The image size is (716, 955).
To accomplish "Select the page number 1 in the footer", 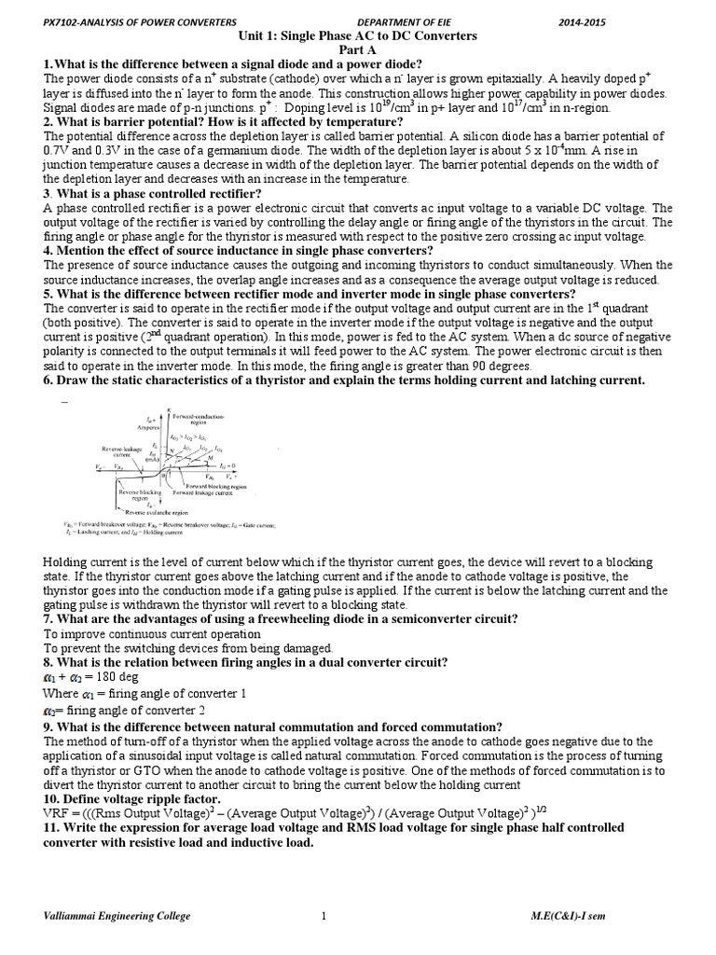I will pos(323,916).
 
